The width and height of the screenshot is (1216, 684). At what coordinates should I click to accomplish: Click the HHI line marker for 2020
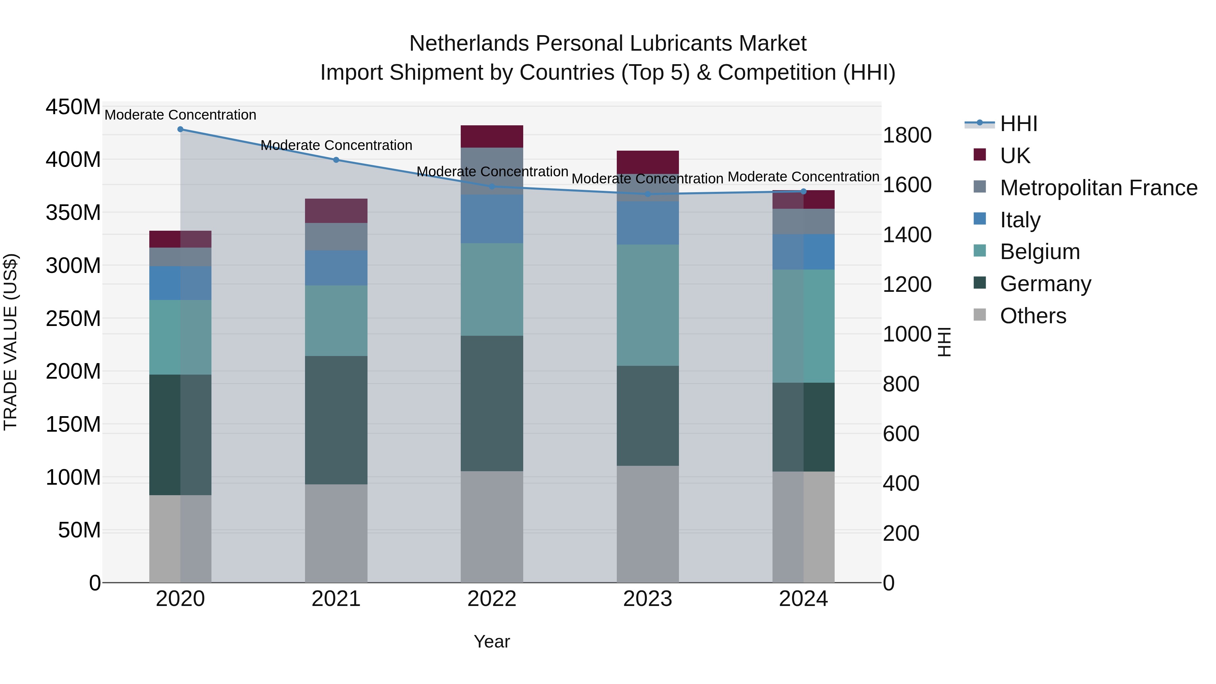point(180,129)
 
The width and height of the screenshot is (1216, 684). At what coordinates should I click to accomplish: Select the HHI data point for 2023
point(648,194)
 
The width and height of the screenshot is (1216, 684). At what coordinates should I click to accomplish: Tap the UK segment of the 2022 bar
point(492,136)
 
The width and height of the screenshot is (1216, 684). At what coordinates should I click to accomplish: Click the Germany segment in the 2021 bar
point(336,420)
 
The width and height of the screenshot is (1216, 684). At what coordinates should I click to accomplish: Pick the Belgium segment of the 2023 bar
point(648,305)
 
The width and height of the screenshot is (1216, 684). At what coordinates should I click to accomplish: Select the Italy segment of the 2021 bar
point(336,268)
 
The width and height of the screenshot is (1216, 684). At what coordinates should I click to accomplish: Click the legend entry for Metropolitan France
point(1098,188)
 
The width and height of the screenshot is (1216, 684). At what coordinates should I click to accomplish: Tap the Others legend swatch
point(980,315)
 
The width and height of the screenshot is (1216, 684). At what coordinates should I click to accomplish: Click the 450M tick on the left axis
point(73,107)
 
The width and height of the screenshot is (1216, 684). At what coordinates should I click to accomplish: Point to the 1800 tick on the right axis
point(907,135)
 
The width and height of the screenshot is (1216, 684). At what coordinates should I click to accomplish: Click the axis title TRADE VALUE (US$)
point(11,342)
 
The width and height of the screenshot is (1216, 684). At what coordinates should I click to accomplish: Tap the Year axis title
point(491,641)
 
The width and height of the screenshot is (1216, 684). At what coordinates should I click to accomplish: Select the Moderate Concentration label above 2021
point(336,145)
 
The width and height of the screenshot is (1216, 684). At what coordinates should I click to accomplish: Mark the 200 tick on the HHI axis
point(901,533)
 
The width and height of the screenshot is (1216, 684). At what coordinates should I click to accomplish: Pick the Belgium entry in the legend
point(1039,252)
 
